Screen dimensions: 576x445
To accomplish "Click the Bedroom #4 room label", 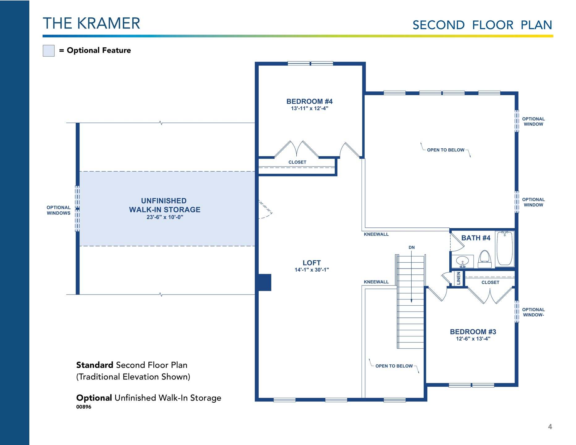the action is pos(309,101).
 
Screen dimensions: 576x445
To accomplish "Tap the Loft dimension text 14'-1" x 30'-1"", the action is pos(311,270).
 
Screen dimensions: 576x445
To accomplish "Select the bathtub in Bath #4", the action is pos(505,248).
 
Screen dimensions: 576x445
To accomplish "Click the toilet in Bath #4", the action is pos(485,259).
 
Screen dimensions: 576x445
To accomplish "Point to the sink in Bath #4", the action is pos(462,261).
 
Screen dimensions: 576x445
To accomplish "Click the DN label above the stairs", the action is pos(412,248).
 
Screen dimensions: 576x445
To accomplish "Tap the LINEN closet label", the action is pos(459,278).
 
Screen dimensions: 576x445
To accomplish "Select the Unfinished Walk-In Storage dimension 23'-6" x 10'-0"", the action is pos(165,217).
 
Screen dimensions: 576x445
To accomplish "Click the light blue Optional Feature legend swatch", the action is pos(49,51).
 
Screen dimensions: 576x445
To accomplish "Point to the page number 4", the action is pos(550,427).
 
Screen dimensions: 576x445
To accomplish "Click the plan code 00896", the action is pos(84,407).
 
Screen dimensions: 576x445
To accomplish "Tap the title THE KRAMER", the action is pos(91,23).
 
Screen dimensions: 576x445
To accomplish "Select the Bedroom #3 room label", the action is pos(473,332).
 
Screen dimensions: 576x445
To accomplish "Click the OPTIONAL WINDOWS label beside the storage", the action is pos(58,210).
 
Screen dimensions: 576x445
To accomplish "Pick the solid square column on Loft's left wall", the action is pos(265,282).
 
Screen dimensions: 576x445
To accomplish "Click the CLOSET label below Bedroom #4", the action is pos(297,162).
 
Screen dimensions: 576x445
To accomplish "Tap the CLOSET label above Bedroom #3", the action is pos(490,282).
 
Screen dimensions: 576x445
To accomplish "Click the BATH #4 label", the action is pos(476,238).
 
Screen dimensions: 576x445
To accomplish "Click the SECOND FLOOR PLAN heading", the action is pos(482,25).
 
